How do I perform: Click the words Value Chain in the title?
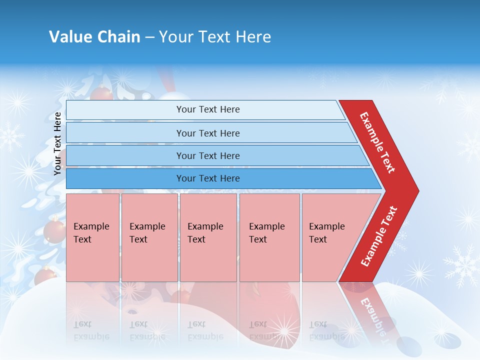[x=94, y=37]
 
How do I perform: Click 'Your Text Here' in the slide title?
[x=214, y=37]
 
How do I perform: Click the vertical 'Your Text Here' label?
[x=57, y=143]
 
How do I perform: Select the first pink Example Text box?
[x=92, y=237]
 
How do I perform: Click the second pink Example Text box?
[x=149, y=237]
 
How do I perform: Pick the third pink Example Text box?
[x=207, y=237]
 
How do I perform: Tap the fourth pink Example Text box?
[x=269, y=237]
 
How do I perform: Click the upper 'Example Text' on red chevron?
[x=377, y=142]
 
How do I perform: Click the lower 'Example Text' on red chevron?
[x=379, y=236]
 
